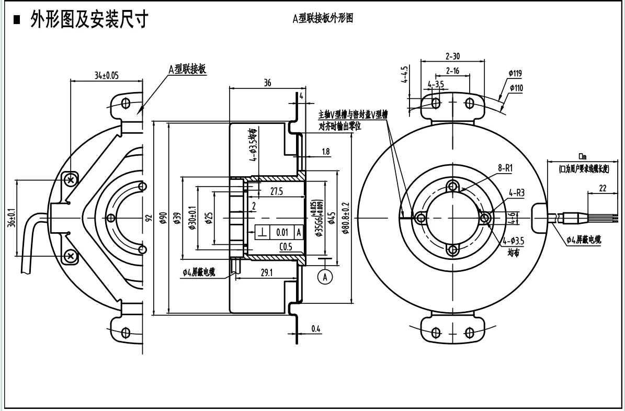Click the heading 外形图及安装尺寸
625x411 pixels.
pyautogui.click(x=88, y=19)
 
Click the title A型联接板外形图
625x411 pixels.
pyautogui.click(x=322, y=18)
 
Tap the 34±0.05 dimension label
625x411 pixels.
pyautogui.click(x=106, y=75)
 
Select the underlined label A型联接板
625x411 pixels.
pyautogui.click(x=187, y=69)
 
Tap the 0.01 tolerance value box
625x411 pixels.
pyautogui.click(x=282, y=232)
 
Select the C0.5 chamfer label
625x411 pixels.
pyautogui.click(x=286, y=247)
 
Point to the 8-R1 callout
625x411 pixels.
pyautogui.click(x=505, y=168)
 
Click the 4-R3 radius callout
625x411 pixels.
pyautogui.click(x=516, y=193)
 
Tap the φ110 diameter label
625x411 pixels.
pyautogui.click(x=515, y=88)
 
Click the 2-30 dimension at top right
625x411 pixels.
pyautogui.click(x=452, y=56)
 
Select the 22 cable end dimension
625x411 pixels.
pyautogui.click(x=603, y=189)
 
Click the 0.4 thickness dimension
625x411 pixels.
pyautogui.click(x=316, y=328)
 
